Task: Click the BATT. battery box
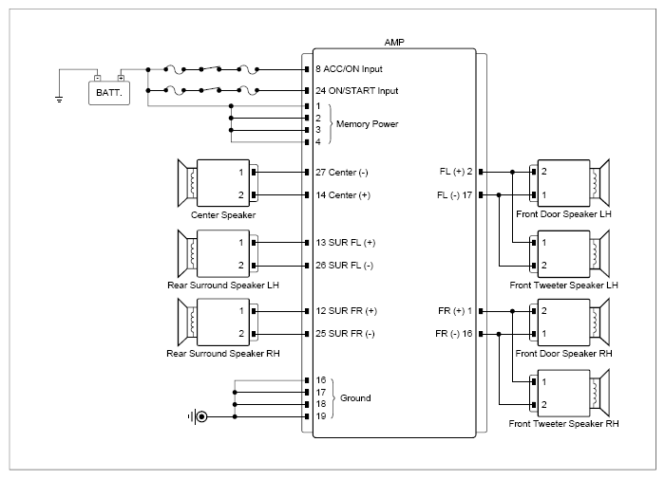[x=109, y=92]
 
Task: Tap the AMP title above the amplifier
[x=394, y=43]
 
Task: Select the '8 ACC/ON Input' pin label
[x=349, y=69]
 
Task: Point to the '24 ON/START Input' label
[x=356, y=91]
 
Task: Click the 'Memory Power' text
[x=368, y=124]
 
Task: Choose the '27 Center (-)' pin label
[x=342, y=173]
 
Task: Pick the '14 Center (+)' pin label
[x=343, y=195]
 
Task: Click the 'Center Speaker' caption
[x=223, y=215]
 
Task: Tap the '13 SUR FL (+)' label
[x=346, y=243]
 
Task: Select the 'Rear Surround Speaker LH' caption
[x=223, y=286]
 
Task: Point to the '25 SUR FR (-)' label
[x=345, y=334]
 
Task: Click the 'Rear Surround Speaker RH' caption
[x=223, y=354]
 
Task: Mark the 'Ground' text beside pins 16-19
[x=355, y=398]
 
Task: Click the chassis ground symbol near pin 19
[x=199, y=416]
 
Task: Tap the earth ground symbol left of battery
[x=59, y=100]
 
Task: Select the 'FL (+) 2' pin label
[x=456, y=172]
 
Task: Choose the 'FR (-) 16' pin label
[x=454, y=334]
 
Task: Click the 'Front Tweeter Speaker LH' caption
[x=563, y=286]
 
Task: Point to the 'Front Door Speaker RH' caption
[x=563, y=354]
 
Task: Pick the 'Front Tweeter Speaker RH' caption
[x=563, y=424]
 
